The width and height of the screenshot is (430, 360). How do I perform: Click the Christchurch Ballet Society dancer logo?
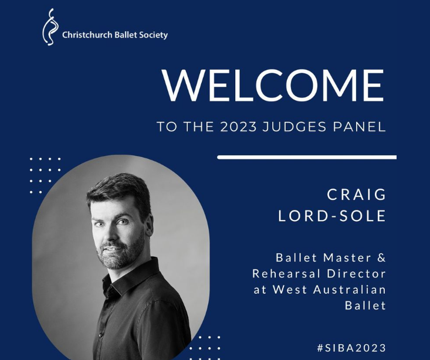[x=49, y=28]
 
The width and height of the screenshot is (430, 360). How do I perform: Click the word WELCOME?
[x=273, y=85]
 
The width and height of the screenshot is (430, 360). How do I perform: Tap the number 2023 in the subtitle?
[x=238, y=127]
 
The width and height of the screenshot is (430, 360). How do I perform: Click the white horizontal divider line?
[x=307, y=157]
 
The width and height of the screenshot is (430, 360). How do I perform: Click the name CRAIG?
[x=357, y=195]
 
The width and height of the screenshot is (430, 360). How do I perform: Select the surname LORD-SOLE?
[x=332, y=216]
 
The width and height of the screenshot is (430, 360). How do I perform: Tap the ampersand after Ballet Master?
[x=381, y=258]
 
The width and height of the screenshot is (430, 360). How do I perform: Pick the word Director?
[x=357, y=274]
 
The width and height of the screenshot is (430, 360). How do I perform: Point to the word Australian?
[x=350, y=290]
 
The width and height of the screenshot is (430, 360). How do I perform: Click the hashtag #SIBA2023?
[x=351, y=348]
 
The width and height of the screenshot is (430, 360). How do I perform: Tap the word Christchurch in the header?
[x=87, y=35]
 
